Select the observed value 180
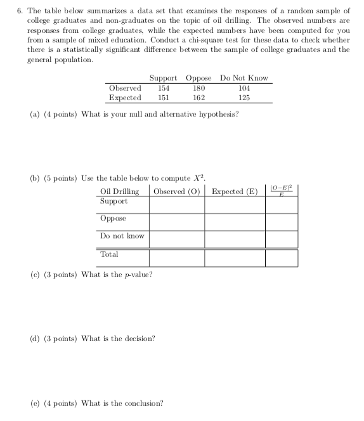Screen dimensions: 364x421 pos(198,88)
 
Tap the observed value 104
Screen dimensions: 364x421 pos(244,88)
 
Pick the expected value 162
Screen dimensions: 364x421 pos(198,98)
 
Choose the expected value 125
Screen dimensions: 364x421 pos(244,98)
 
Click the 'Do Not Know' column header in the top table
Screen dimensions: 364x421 pos(244,78)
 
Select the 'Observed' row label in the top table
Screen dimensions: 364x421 pos(125,88)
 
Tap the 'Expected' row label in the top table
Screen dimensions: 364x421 pos(125,98)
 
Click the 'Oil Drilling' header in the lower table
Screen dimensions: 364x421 pos(120,191)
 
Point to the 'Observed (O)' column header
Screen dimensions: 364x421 pos(177,191)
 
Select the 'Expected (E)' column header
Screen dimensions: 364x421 pos(235,191)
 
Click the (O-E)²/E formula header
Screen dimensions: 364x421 pos(281,190)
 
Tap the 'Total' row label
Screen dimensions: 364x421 pos(109,254)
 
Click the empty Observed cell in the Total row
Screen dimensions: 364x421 pos(177,257)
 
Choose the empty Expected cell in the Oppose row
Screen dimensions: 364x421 pos(235,222)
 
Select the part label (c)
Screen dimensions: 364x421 pos(36,274)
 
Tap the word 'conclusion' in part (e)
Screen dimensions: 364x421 pos(142,403)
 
